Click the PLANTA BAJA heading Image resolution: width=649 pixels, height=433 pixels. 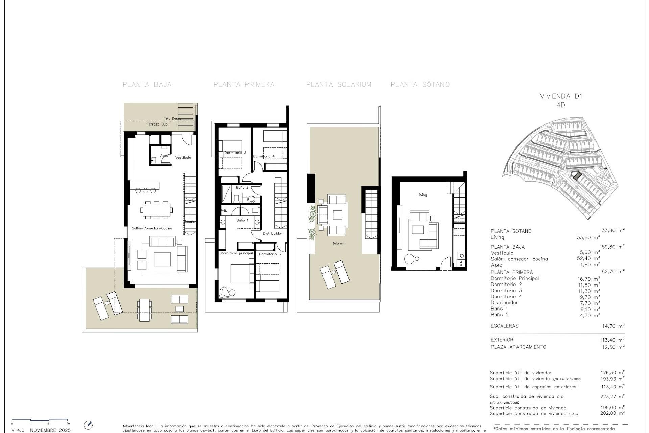click(x=147, y=85)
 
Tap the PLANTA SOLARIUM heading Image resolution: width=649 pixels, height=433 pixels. click(x=339, y=85)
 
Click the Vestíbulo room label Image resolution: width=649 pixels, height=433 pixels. click(x=183, y=157)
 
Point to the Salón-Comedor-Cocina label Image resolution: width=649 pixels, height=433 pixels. click(x=152, y=228)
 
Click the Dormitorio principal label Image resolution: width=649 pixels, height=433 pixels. click(x=236, y=253)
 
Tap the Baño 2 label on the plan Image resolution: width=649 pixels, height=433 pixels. click(x=242, y=187)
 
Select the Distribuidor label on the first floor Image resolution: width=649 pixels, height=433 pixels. click(x=272, y=233)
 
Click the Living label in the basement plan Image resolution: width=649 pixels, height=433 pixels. click(x=422, y=195)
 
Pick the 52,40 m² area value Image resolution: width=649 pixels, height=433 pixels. click(x=588, y=259)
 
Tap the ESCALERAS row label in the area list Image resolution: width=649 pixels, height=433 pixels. click(x=504, y=326)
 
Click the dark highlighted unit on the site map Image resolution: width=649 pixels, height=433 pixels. click(x=576, y=176)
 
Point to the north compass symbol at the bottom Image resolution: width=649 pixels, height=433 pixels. click(x=88, y=425)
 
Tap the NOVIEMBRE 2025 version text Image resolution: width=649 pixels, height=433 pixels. click(x=50, y=430)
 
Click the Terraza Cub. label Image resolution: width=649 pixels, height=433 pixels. click(x=158, y=124)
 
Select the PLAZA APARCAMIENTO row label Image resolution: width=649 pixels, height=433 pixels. click(x=518, y=347)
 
